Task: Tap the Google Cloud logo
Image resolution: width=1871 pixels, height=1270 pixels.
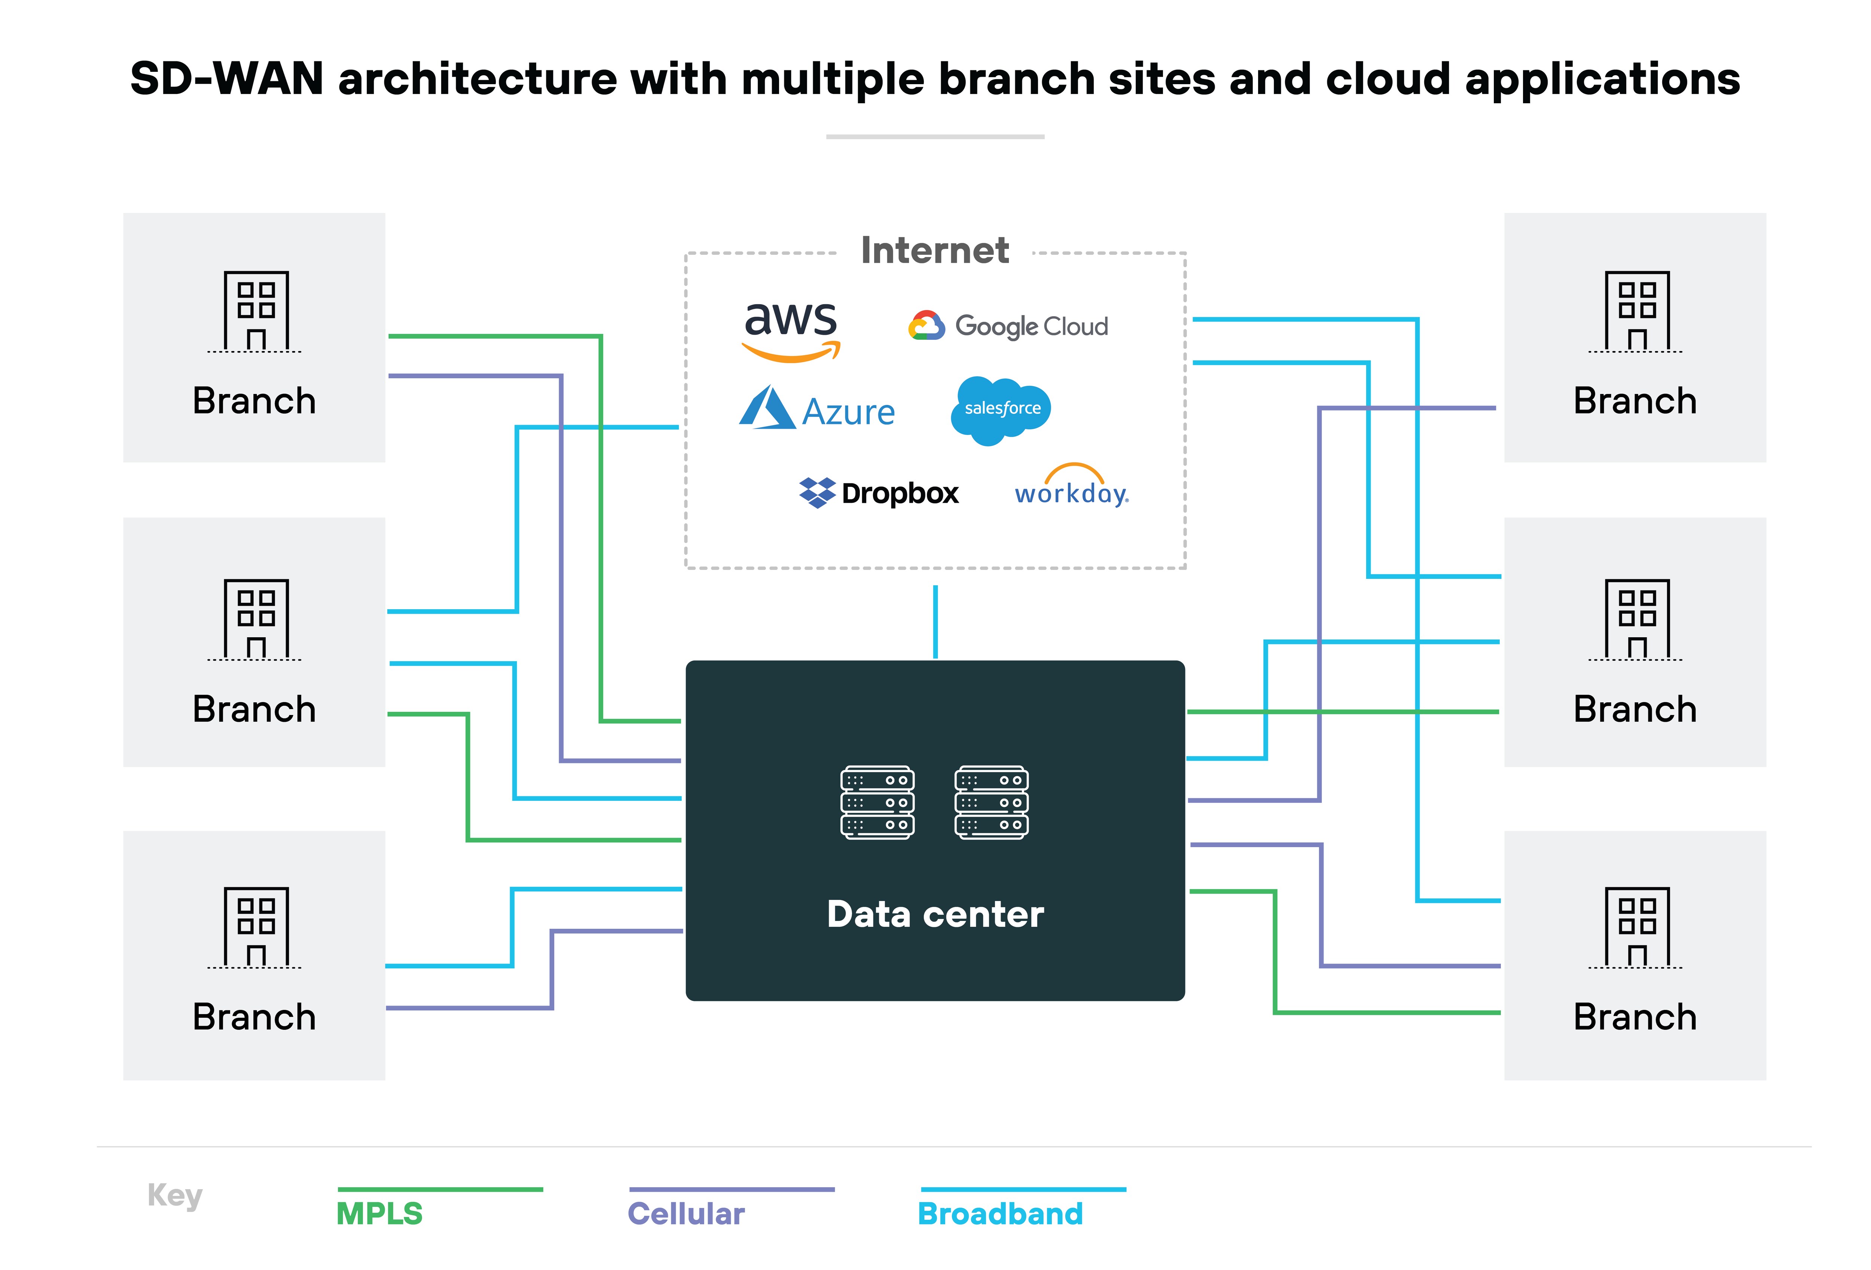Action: tap(1008, 326)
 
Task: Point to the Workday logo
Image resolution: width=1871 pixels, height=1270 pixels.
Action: tap(1072, 487)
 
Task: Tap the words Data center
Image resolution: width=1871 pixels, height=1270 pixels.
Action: tap(935, 914)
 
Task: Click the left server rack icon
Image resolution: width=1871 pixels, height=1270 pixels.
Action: tap(877, 802)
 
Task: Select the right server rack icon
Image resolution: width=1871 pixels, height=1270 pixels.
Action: tap(991, 802)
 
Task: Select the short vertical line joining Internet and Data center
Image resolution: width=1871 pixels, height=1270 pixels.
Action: tap(935, 621)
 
